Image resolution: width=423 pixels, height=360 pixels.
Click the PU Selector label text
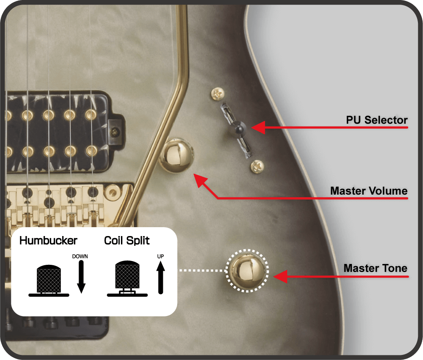376,120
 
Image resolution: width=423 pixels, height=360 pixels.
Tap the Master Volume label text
369,191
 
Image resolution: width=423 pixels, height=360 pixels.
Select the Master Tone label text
375,268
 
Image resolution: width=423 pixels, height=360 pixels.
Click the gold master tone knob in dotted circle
247,271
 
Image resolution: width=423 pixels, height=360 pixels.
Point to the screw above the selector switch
218,93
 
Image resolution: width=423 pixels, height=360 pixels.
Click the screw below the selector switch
257,166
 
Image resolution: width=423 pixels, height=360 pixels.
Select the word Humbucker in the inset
48,240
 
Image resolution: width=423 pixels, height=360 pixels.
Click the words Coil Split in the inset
127,241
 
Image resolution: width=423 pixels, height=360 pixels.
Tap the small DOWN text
80,256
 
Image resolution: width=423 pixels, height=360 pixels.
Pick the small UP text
160,256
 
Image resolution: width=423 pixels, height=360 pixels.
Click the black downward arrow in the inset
81,277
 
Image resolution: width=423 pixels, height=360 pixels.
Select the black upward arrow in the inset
161,278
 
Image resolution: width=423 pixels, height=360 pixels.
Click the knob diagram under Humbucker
49,280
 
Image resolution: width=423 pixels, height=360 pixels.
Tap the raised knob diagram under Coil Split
127,278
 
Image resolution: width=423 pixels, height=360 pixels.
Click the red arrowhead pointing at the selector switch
258,128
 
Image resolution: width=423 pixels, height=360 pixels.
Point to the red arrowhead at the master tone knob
280,276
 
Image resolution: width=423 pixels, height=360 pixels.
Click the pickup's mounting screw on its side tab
115,132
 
